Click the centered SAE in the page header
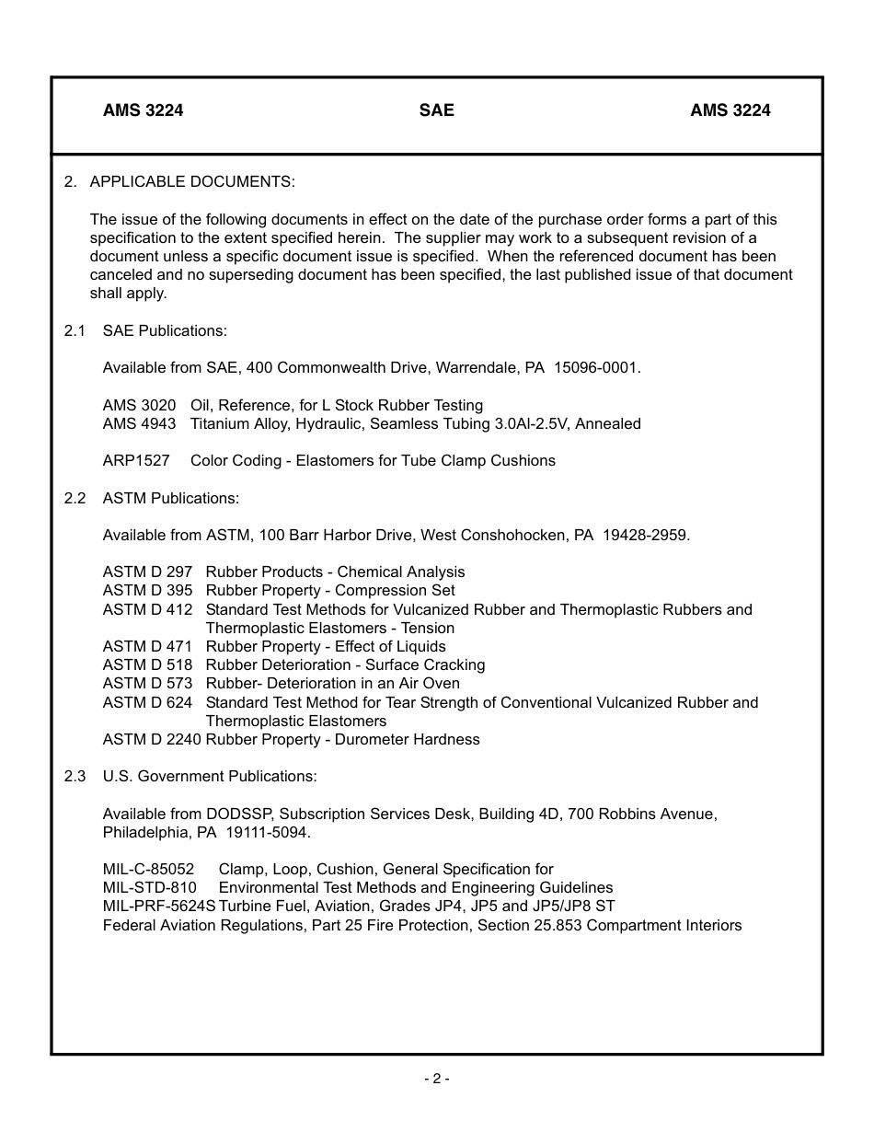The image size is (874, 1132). pyautogui.click(x=436, y=110)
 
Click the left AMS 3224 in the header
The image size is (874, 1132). pyautogui.click(x=143, y=110)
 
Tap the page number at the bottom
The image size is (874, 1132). pyautogui.click(x=436, y=1079)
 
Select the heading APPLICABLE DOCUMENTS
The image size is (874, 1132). pyautogui.click(x=192, y=182)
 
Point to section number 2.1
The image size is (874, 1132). pyautogui.click(x=75, y=330)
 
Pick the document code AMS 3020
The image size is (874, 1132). pyautogui.click(x=139, y=405)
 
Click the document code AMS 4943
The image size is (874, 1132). pyautogui.click(x=139, y=423)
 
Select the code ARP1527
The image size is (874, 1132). pyautogui.click(x=136, y=460)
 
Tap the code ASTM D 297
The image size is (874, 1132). pyautogui.click(x=147, y=572)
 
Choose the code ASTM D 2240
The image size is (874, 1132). pyautogui.click(x=152, y=739)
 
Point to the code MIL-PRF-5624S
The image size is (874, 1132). pyautogui.click(x=159, y=906)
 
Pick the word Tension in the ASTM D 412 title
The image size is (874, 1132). pyautogui.click(x=428, y=628)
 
